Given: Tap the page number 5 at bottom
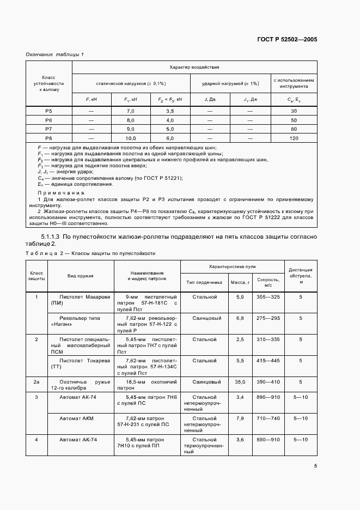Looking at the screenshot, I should (315, 465).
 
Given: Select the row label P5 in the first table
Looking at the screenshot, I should (48, 111).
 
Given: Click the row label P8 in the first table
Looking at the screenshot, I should (48, 138).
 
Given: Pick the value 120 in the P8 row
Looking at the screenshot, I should (294, 138).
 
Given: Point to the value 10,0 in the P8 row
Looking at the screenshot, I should (130, 138).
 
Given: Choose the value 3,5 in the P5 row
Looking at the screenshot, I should (169, 111).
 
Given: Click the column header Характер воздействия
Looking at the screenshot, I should (194, 67).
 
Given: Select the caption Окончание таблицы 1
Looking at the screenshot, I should (54, 54).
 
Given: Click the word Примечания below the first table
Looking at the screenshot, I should (60, 193).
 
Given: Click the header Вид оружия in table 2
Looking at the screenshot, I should (80, 276).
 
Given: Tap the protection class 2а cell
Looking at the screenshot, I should (36, 382).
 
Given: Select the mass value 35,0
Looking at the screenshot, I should (239, 382).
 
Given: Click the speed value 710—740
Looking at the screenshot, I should (267, 418).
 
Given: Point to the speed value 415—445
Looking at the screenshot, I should (267, 360).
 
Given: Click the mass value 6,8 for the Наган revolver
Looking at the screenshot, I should (239, 318).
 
